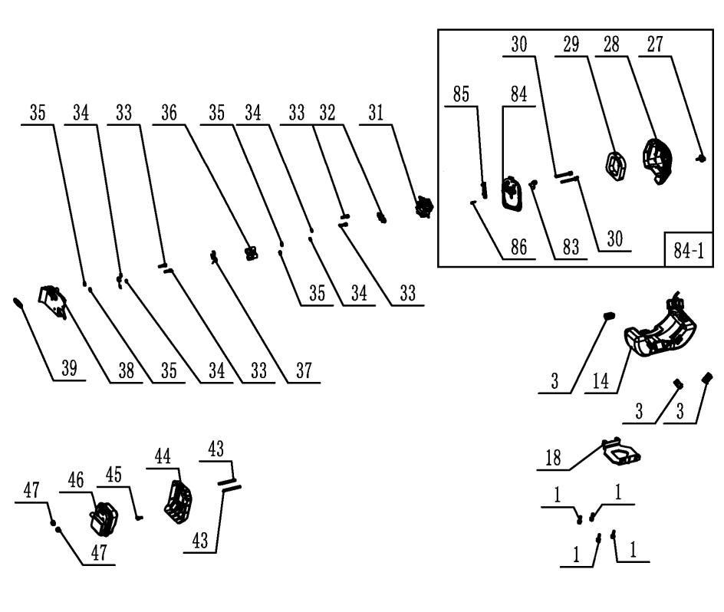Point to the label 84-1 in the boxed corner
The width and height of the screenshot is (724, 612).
click(686, 250)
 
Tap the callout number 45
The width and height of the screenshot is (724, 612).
click(114, 475)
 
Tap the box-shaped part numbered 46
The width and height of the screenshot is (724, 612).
click(104, 521)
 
